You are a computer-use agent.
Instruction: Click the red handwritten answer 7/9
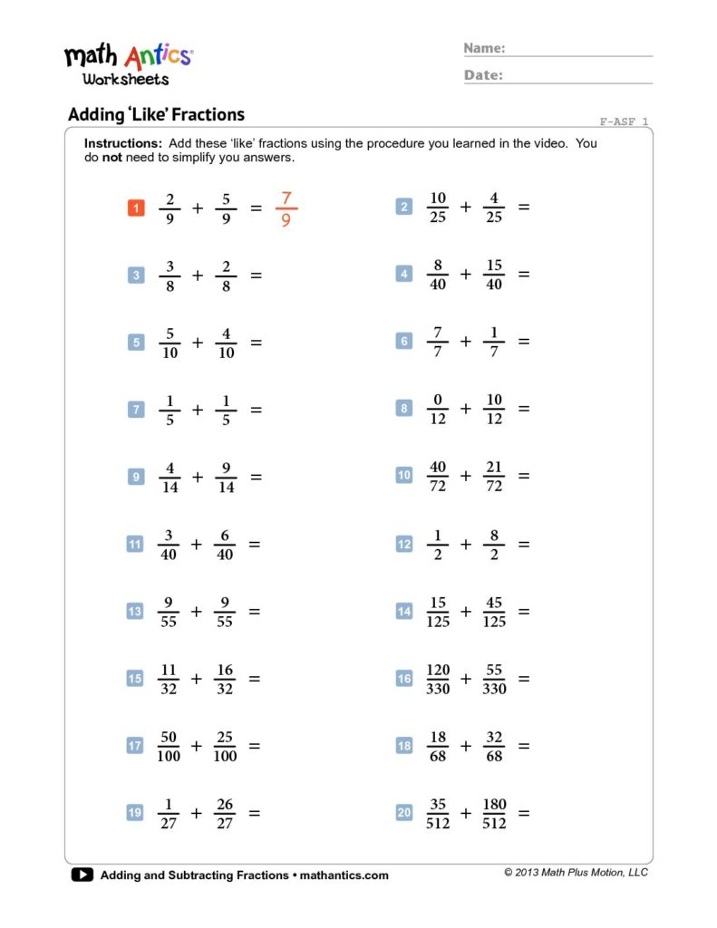pos(286,208)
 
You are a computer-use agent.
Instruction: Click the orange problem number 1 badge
pos(136,208)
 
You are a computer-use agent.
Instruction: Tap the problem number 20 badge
pos(404,813)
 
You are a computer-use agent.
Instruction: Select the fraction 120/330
pos(438,679)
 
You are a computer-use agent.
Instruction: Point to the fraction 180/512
pos(494,813)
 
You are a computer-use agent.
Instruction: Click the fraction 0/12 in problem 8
pos(438,409)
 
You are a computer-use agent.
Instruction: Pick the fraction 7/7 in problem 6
pos(438,342)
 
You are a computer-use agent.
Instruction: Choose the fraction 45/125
pos(494,612)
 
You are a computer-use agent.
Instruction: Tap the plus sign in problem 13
pos(197,612)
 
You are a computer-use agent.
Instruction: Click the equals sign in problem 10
pos(523,476)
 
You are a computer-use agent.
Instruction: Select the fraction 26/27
pos(225,813)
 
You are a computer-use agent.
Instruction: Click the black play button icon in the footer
pos(82,875)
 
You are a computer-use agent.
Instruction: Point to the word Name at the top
pos(484,48)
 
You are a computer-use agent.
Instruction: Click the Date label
pos(483,75)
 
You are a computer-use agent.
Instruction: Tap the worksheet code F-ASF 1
pos(624,121)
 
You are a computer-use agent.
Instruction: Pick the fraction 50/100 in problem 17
pos(169,746)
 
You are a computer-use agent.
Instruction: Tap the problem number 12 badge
pos(404,545)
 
